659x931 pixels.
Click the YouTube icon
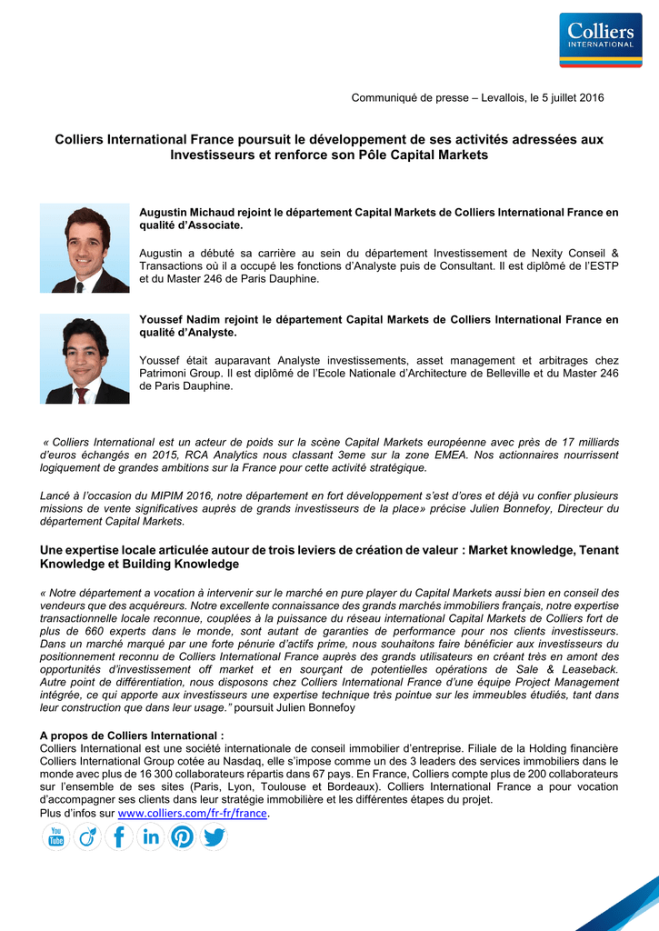pyautogui.click(x=55, y=836)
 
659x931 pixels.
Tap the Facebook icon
pyautogui.click(x=119, y=836)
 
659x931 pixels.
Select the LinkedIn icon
pyautogui.click(x=151, y=836)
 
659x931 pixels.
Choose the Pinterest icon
pyautogui.click(x=183, y=836)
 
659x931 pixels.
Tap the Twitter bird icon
pyautogui.click(x=215, y=836)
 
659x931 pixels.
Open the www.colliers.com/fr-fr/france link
pyautogui.click(x=194, y=813)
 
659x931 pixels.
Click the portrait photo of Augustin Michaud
pyautogui.click(x=85, y=248)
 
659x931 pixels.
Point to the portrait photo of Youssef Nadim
pyautogui.click(x=85, y=359)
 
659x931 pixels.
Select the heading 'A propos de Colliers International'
pyautogui.click(x=132, y=736)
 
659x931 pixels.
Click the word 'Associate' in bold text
pyautogui.click(x=215, y=225)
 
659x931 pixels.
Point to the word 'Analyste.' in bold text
pyautogui.click(x=212, y=333)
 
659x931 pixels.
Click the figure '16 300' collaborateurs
pyautogui.click(x=155, y=774)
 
